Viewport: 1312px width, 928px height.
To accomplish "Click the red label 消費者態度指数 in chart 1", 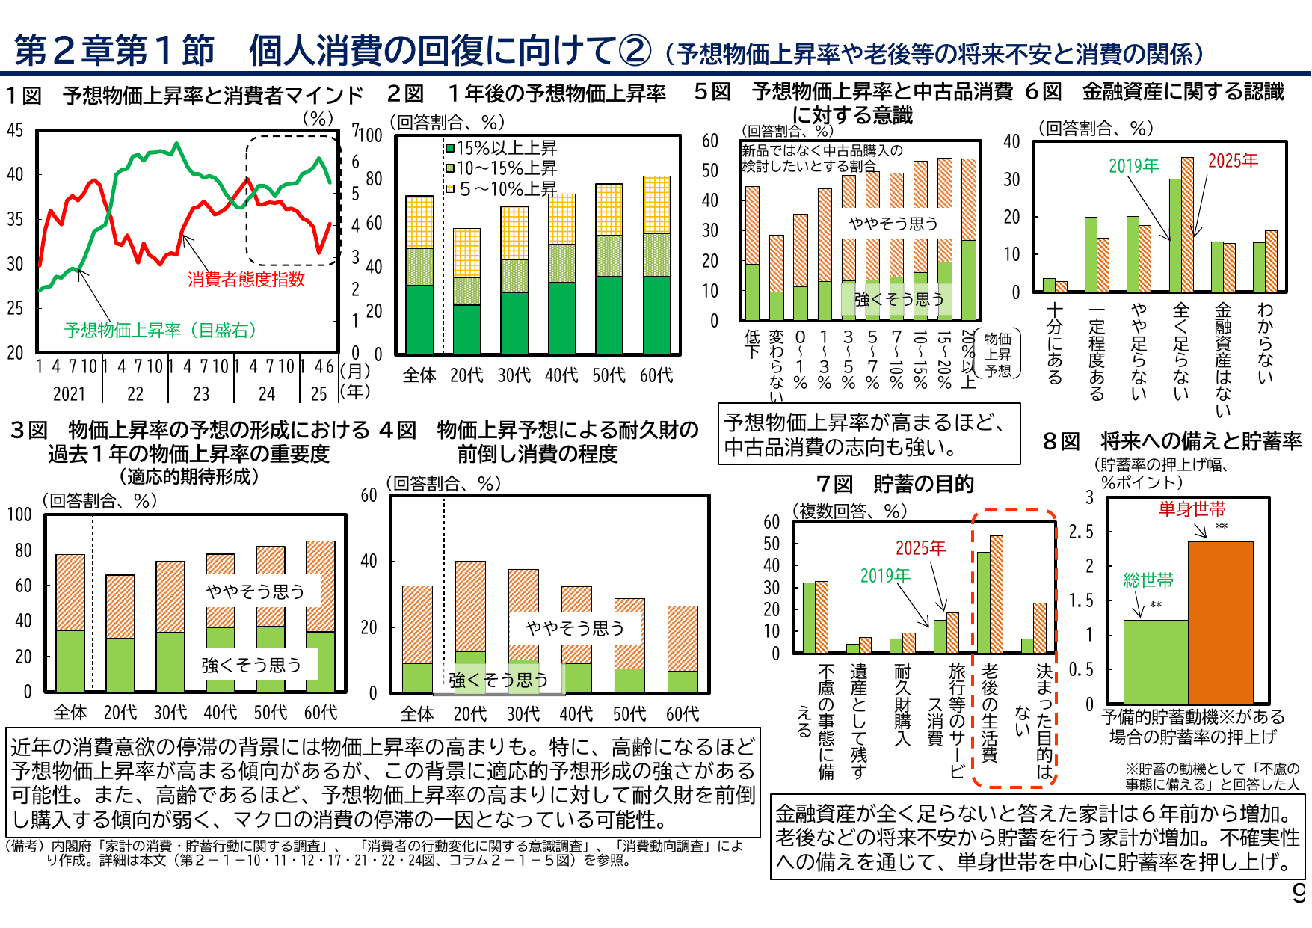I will click(x=246, y=280).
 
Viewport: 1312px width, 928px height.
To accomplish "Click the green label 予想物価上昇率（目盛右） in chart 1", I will click(x=160, y=331).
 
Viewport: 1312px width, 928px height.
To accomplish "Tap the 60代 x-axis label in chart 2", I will click(x=656, y=375).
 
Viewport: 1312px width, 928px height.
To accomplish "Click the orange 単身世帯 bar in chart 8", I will click(x=1220, y=622).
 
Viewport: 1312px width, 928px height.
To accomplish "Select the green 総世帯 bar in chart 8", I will click(x=1155, y=661).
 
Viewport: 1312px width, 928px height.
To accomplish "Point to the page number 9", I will click(x=1299, y=893).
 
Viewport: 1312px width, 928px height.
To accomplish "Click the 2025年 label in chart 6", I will click(x=1233, y=161).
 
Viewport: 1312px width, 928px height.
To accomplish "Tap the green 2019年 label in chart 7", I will click(x=884, y=576).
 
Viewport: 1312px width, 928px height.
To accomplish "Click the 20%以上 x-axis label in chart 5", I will click(x=969, y=359).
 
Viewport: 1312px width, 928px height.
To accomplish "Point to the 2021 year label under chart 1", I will click(x=69, y=394).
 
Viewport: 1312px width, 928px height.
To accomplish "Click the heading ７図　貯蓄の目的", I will click(x=895, y=484).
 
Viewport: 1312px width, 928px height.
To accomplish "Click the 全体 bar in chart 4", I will click(x=417, y=639).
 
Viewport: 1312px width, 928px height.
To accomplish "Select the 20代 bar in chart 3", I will click(x=120, y=633).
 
